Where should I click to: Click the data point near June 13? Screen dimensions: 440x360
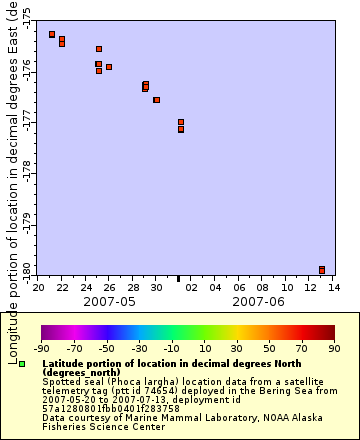pos(322,269)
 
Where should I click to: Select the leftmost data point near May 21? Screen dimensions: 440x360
pos(52,34)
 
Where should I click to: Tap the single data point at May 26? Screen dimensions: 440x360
pos(109,67)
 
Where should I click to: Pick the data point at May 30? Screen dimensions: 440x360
pos(156,100)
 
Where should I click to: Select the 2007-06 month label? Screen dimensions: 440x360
pos(258,301)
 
